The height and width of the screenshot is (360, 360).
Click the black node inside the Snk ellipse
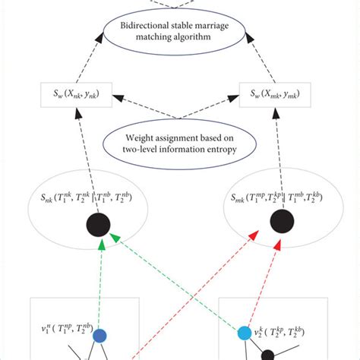point(100,225)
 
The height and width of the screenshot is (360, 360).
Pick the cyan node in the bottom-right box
point(243,333)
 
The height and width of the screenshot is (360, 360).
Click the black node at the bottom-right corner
point(268,353)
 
